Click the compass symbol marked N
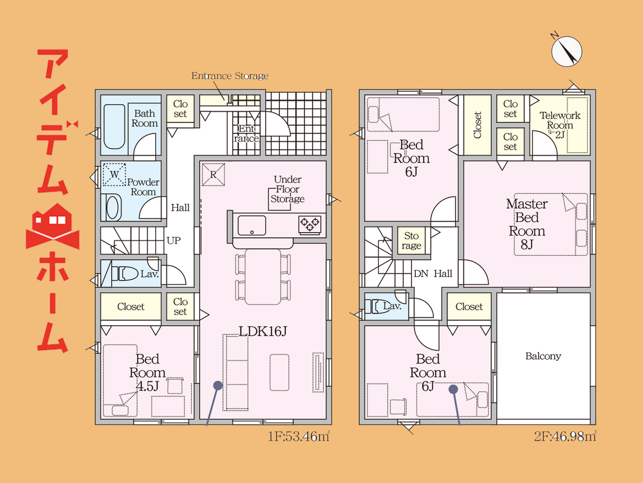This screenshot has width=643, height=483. pyautogui.click(x=566, y=51)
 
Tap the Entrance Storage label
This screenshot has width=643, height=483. pyautogui.click(x=230, y=76)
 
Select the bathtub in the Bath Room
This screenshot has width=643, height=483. pyautogui.click(x=114, y=126)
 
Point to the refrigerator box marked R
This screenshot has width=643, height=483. pyautogui.click(x=213, y=174)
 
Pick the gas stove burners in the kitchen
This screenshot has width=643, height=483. pyautogui.click(x=309, y=224)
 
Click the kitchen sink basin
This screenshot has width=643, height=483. pyautogui.click(x=252, y=225)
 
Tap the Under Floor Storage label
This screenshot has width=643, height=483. pyautogui.click(x=288, y=189)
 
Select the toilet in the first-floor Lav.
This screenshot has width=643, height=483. pyautogui.click(x=124, y=273)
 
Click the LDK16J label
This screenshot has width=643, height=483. pyautogui.click(x=263, y=331)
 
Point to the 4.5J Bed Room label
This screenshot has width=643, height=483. pyautogui.click(x=147, y=373)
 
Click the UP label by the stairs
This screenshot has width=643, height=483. pyautogui.click(x=173, y=240)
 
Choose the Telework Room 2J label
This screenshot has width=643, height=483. pyautogui.click(x=560, y=125)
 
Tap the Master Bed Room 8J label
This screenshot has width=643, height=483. pyautogui.click(x=527, y=223)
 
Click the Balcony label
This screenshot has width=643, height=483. pyautogui.click(x=543, y=356)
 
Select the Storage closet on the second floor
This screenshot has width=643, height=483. pyautogui.click(x=412, y=240)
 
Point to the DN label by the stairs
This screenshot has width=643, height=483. pyautogui.click(x=421, y=273)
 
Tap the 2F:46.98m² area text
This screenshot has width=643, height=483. pyautogui.click(x=565, y=437)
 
